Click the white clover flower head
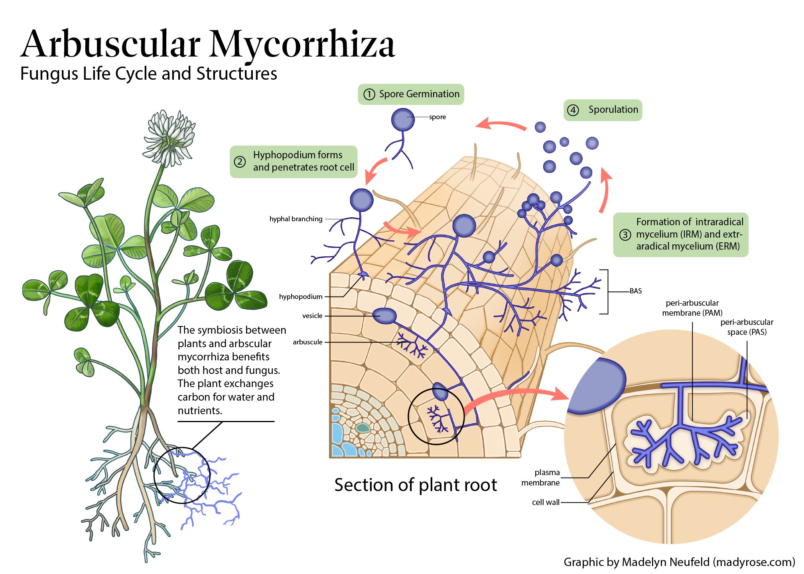click(170, 138)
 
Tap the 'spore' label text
click(437, 117)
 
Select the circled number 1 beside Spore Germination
click(369, 94)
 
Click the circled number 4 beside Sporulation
click(573, 110)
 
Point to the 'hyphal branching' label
click(296, 219)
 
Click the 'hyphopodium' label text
click(301, 297)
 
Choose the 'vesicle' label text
click(312, 316)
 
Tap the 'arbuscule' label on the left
click(307, 342)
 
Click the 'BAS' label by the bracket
click(636, 291)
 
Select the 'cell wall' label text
click(546, 502)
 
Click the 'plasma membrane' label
click(541, 478)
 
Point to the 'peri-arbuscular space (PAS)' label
click(747, 327)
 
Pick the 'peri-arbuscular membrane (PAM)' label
click(692, 308)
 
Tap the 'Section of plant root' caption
click(416, 485)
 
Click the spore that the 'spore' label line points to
click(403, 119)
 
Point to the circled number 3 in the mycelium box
click(625, 235)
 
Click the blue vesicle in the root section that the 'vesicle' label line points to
click(384, 316)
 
